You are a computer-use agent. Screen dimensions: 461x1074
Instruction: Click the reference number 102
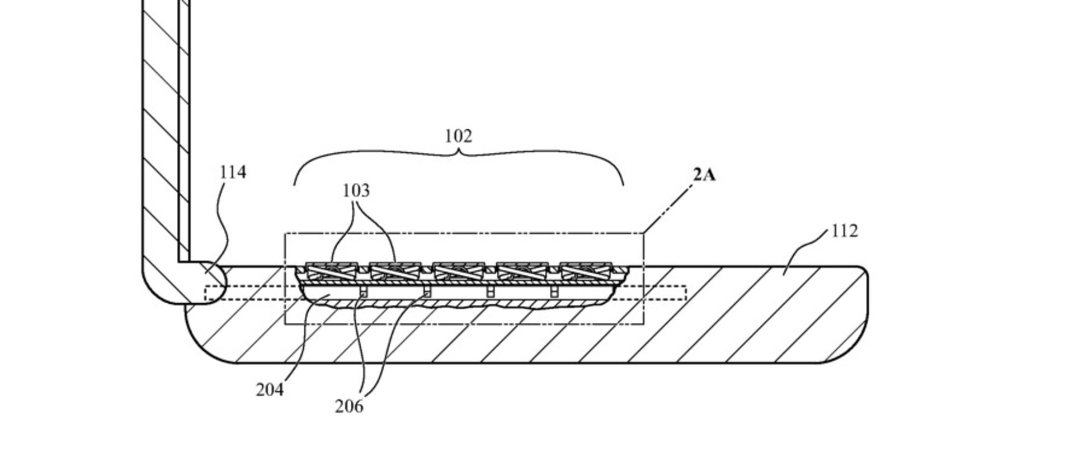tap(458, 136)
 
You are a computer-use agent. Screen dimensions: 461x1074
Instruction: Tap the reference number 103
tap(356, 191)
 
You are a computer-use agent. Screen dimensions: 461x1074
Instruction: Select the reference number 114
tap(233, 172)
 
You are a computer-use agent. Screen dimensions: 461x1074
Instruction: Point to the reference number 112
tap(844, 230)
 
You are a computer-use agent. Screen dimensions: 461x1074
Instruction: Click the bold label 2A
tap(704, 175)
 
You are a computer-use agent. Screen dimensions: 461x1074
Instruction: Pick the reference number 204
tap(270, 389)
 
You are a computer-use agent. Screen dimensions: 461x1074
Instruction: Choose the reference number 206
tap(349, 406)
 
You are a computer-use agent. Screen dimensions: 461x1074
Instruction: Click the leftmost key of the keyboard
tap(332, 271)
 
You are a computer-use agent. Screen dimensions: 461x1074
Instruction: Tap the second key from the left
tap(395, 271)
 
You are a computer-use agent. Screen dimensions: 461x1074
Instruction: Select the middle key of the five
tap(459, 271)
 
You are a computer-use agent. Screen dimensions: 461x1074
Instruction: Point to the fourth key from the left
tap(522, 271)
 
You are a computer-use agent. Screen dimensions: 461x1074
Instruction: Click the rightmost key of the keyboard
tap(585, 271)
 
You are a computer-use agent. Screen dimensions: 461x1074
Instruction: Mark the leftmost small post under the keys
tap(363, 291)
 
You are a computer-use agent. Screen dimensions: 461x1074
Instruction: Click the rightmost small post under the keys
tap(554, 291)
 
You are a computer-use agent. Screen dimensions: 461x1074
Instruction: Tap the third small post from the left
tap(490, 291)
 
